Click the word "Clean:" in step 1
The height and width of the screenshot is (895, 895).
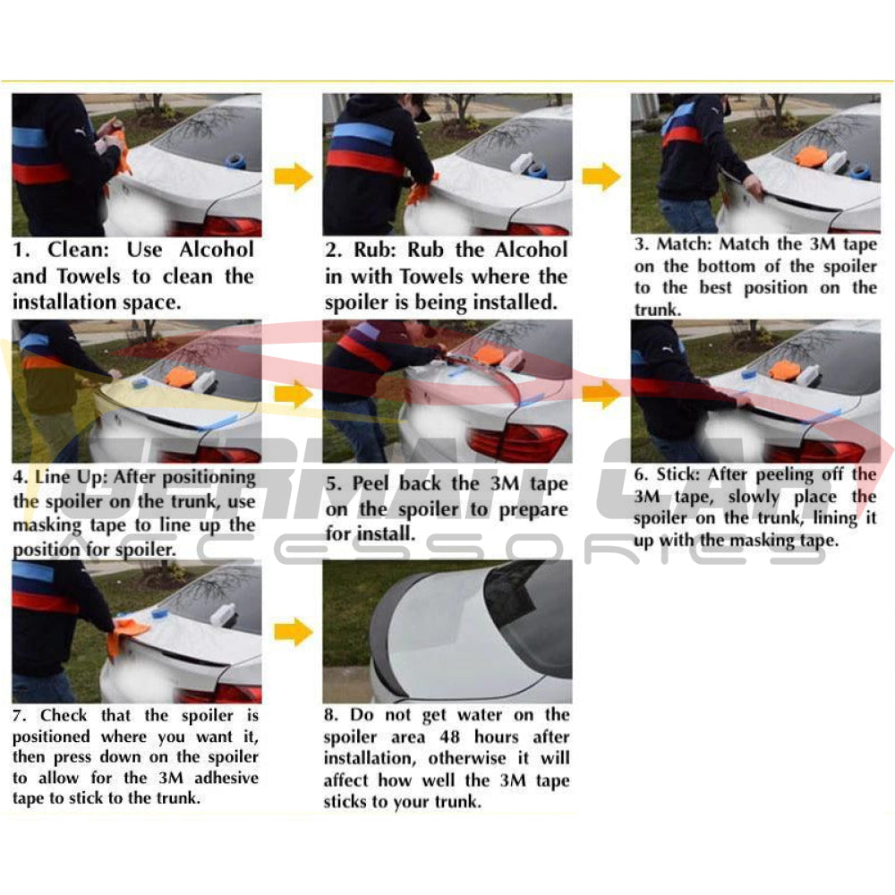(x=78, y=250)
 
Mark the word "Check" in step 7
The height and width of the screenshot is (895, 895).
(x=64, y=715)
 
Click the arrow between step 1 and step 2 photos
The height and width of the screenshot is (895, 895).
(x=293, y=175)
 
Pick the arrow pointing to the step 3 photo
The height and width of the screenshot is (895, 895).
(x=601, y=176)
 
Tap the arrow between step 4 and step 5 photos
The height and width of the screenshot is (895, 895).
(x=293, y=394)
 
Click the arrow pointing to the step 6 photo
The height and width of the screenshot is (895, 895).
(x=604, y=394)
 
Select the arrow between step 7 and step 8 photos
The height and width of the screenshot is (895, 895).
(x=293, y=632)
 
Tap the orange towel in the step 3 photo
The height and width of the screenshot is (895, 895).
(x=810, y=158)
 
